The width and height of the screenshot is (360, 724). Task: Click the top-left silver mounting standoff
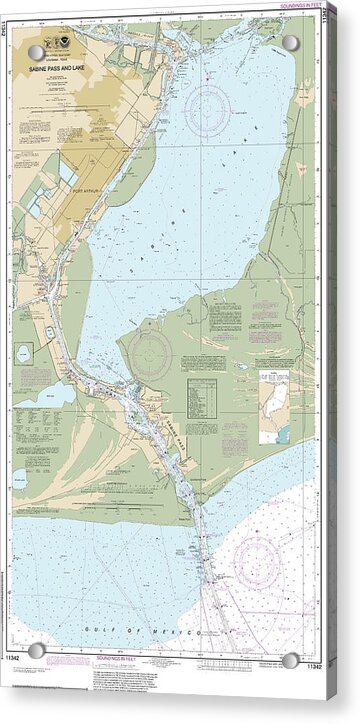point(36,52)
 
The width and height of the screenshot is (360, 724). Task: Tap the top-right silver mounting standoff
point(290,43)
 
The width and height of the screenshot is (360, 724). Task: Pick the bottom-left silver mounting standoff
point(37,651)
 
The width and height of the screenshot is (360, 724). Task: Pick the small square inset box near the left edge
point(23,354)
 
